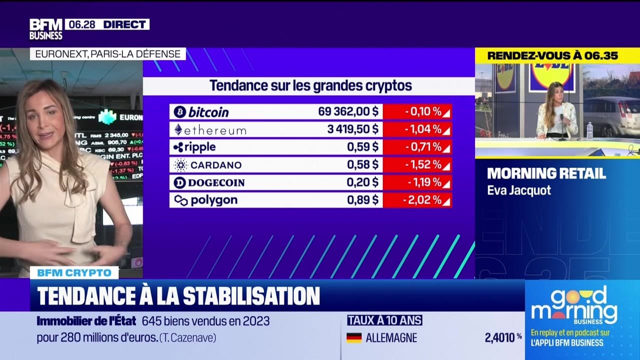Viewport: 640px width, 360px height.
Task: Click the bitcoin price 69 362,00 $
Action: (x=348, y=111)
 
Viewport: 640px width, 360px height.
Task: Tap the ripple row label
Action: (x=195, y=147)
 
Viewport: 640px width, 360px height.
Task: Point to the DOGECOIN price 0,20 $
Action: (x=362, y=182)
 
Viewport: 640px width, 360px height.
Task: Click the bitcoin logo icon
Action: (x=180, y=111)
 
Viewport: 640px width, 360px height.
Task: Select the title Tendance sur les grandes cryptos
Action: (x=310, y=85)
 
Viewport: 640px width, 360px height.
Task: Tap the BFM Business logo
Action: (x=45, y=29)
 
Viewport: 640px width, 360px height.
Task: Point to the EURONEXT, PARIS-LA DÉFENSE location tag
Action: (x=107, y=54)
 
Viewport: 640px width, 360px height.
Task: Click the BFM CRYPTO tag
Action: (x=74, y=273)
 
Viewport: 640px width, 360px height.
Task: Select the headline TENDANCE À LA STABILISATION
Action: (x=178, y=295)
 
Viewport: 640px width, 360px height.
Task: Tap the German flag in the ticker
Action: (x=354, y=338)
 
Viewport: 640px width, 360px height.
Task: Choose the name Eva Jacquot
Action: (x=519, y=190)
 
